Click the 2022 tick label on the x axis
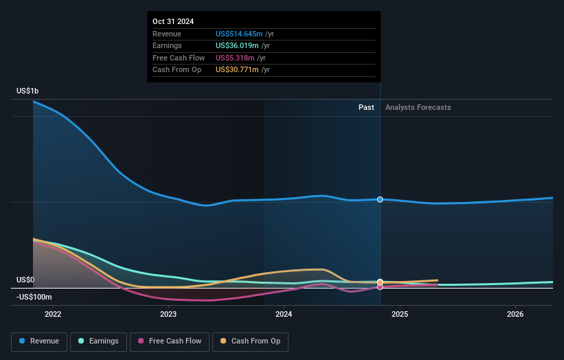click(x=53, y=314)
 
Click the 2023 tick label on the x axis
click(x=168, y=314)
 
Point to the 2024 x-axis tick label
click(x=284, y=314)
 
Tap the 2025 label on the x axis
click(x=400, y=314)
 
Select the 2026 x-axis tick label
click(x=515, y=314)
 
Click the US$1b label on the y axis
click(x=28, y=91)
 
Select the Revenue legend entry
click(x=39, y=341)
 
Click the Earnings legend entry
click(x=98, y=341)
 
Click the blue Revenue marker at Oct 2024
click(x=380, y=199)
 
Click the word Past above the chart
click(x=366, y=107)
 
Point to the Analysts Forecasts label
click(x=418, y=107)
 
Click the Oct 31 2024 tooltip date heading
click(x=173, y=21)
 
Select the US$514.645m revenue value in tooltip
click(x=238, y=34)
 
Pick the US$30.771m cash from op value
click(x=236, y=70)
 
